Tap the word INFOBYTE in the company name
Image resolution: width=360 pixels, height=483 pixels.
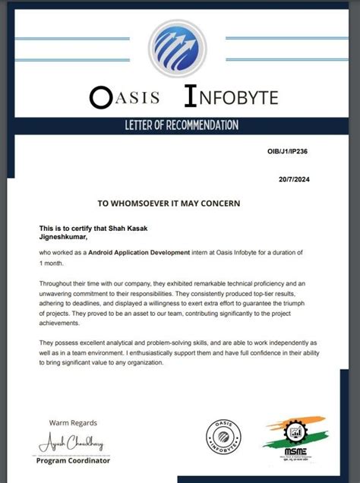(x=231, y=96)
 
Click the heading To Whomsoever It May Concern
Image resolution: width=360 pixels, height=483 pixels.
(x=169, y=204)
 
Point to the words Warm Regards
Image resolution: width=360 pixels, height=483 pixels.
(x=73, y=423)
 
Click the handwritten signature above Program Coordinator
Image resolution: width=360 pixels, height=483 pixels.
(x=71, y=443)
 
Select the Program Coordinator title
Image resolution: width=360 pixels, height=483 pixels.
(x=74, y=461)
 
